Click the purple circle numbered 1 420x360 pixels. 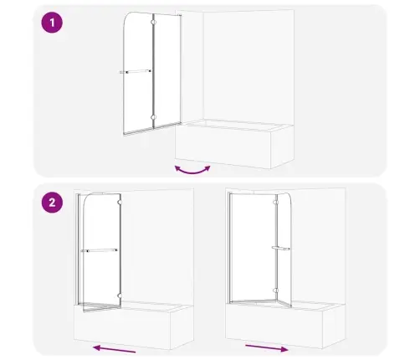pyautogui.click(x=52, y=23)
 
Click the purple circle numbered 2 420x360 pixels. pyautogui.click(x=52, y=203)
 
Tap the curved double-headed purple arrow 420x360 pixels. pyautogui.click(x=192, y=171)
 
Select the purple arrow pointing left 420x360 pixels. pyautogui.click(x=115, y=349)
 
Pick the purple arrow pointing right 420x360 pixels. pyautogui.click(x=267, y=348)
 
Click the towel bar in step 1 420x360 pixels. pyautogui.click(x=136, y=72)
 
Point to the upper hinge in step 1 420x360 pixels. pyautogui.click(x=153, y=23)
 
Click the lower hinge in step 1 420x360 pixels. pyautogui.click(x=153, y=117)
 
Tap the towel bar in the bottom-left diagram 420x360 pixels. pyautogui.click(x=100, y=250)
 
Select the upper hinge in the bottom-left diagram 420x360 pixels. pyautogui.click(x=120, y=202)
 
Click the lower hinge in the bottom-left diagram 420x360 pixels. pyautogui.click(x=120, y=295)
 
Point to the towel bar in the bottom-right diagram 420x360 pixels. pyautogui.click(x=280, y=248)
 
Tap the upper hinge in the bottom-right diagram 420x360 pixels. pyautogui.click(x=275, y=202)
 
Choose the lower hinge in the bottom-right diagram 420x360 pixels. pyautogui.click(x=275, y=291)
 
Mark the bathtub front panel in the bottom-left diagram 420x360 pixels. pyautogui.click(x=122, y=327)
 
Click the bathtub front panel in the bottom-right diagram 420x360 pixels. pyautogui.click(x=274, y=326)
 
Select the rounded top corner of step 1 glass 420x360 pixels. pyautogui.click(x=127, y=17)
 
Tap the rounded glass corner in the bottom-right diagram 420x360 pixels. pyautogui.click(x=289, y=198)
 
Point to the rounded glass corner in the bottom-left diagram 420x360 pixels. pyautogui.click(x=87, y=198)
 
